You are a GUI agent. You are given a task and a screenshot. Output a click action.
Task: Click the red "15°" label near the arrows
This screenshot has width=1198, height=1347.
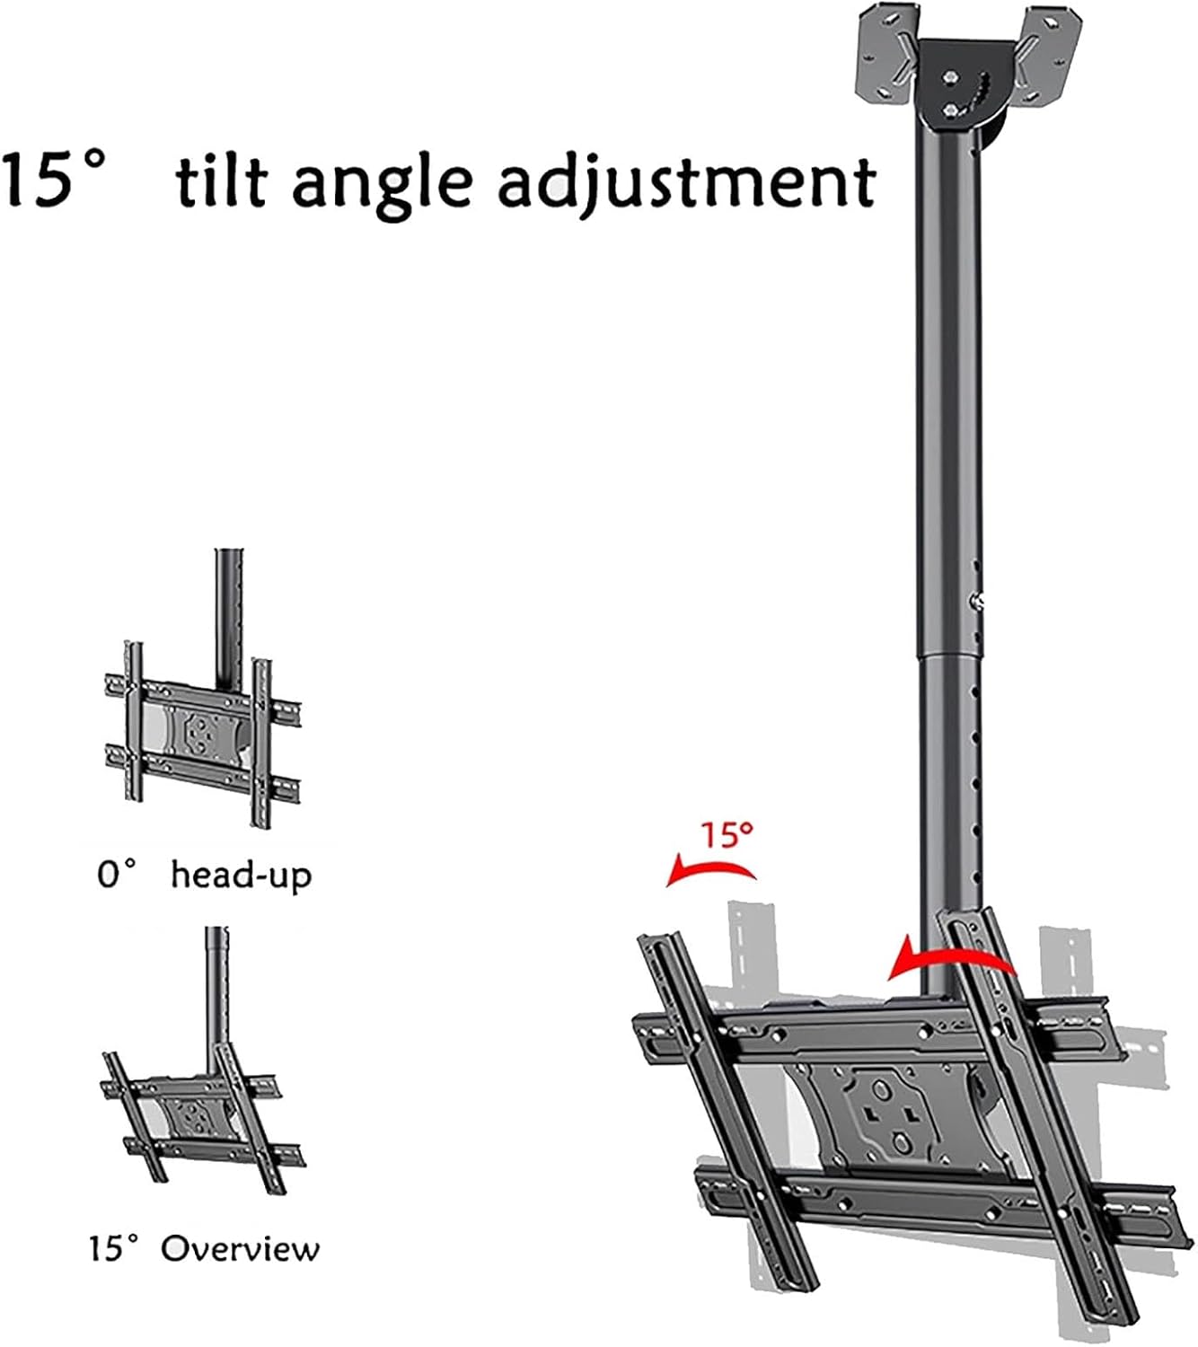coord(727,835)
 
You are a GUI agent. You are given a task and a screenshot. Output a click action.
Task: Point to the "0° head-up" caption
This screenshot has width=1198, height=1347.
coord(204,874)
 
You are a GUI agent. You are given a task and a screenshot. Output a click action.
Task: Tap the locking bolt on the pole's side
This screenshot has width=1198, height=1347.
coord(979,602)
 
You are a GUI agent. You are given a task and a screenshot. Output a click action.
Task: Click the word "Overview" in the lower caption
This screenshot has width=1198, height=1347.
coord(240,1248)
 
